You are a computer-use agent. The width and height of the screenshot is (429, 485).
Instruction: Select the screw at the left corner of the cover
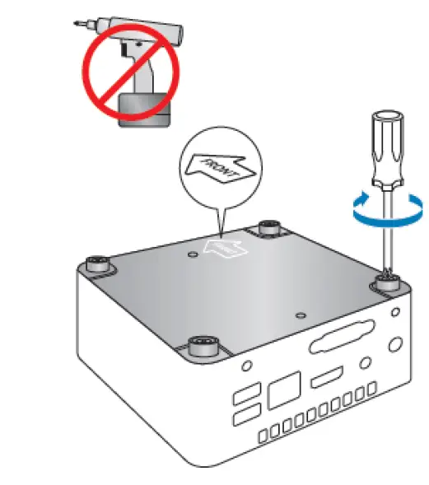click(96, 264)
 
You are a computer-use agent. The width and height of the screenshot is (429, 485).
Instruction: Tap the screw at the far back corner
click(269, 227)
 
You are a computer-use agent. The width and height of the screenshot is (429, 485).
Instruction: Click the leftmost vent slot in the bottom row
click(265, 433)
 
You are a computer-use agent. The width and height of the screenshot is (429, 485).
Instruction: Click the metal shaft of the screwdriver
click(382, 231)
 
